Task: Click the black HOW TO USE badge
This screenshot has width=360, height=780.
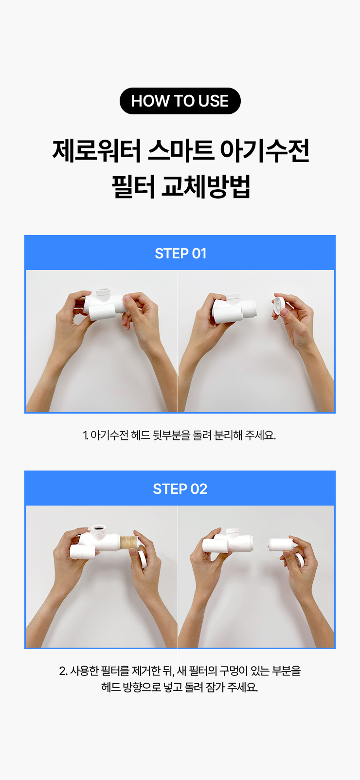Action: pyautogui.click(x=180, y=101)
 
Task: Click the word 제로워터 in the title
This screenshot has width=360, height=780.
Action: pyautogui.click(x=96, y=151)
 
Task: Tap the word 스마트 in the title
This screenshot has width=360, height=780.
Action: pyautogui.click(x=180, y=151)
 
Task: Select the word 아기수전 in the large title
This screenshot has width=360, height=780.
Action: pyautogui.click(x=265, y=151)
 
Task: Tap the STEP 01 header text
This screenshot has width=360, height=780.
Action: pyautogui.click(x=180, y=254)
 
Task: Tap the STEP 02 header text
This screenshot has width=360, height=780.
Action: pyautogui.click(x=180, y=489)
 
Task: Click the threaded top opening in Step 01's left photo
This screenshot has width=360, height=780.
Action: pyautogui.click(x=104, y=291)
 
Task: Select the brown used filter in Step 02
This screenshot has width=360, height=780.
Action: pyautogui.click(x=129, y=543)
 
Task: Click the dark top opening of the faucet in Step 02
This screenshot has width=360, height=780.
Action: pyautogui.click(x=100, y=530)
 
